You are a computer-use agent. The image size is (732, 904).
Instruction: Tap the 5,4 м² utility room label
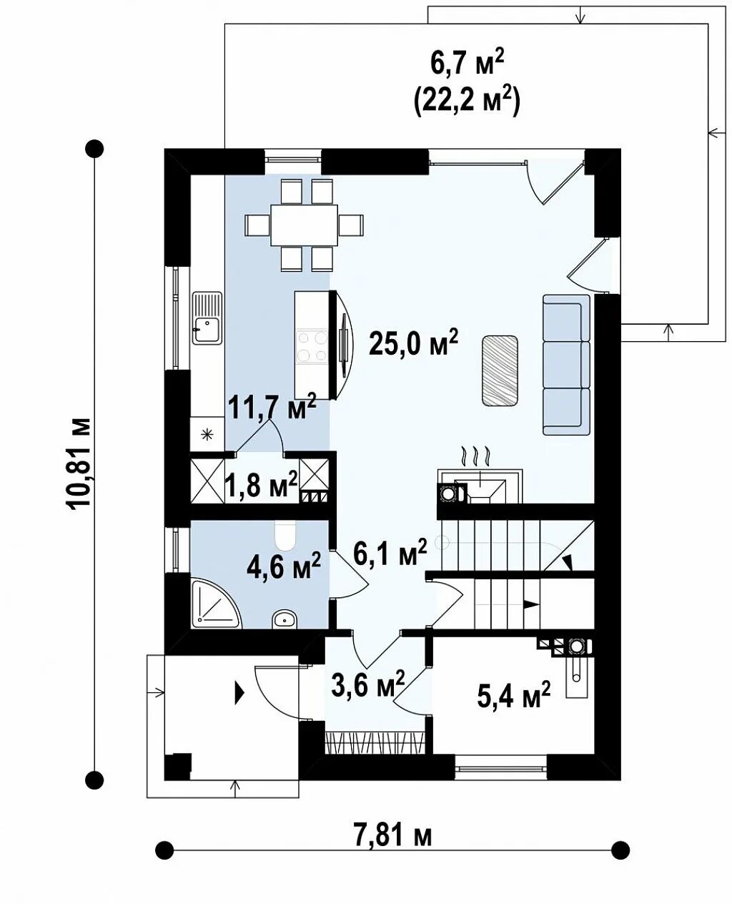(x=513, y=694)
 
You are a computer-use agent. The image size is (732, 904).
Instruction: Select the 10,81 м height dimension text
(x=79, y=463)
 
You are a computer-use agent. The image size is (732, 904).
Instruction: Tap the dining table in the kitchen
(x=304, y=225)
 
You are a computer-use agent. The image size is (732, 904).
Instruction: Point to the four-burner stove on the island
(x=313, y=346)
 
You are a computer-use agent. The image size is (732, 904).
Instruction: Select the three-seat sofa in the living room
(x=567, y=365)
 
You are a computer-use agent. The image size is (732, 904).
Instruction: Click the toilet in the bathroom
(x=285, y=536)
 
